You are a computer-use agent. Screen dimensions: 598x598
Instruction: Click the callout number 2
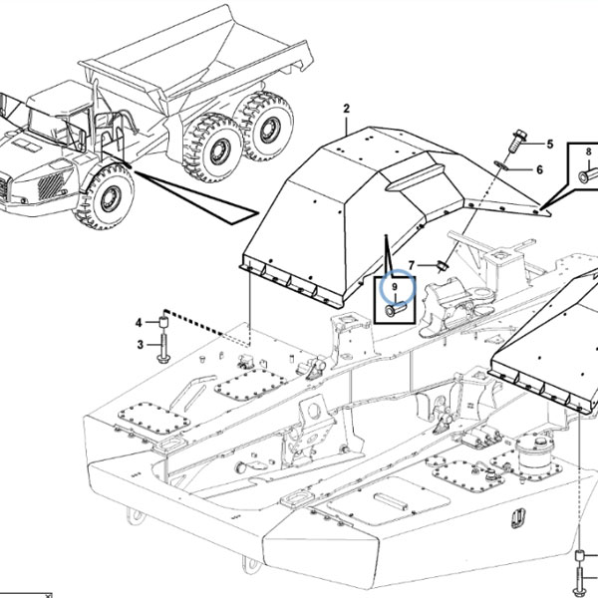tap(346, 109)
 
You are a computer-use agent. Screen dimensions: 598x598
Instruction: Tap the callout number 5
tap(549, 145)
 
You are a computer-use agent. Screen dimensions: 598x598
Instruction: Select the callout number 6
tap(539, 169)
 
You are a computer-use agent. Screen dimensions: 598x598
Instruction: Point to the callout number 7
tap(411, 265)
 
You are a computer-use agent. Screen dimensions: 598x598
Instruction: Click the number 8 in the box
tap(588, 151)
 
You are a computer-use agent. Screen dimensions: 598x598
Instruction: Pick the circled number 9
tap(395, 286)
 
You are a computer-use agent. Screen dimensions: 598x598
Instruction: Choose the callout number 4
tap(139, 323)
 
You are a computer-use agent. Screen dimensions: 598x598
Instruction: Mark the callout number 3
tap(141, 345)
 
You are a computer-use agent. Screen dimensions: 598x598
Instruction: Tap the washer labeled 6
tap(500, 165)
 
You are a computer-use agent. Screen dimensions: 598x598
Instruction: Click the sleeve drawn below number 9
tap(396, 309)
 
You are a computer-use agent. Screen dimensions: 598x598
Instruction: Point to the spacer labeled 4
tap(163, 323)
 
